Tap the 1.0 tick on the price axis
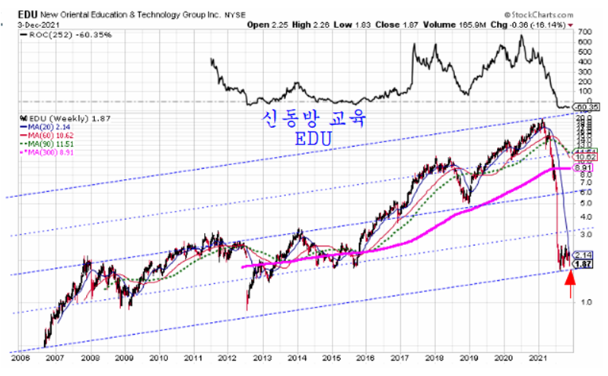[581, 302]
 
